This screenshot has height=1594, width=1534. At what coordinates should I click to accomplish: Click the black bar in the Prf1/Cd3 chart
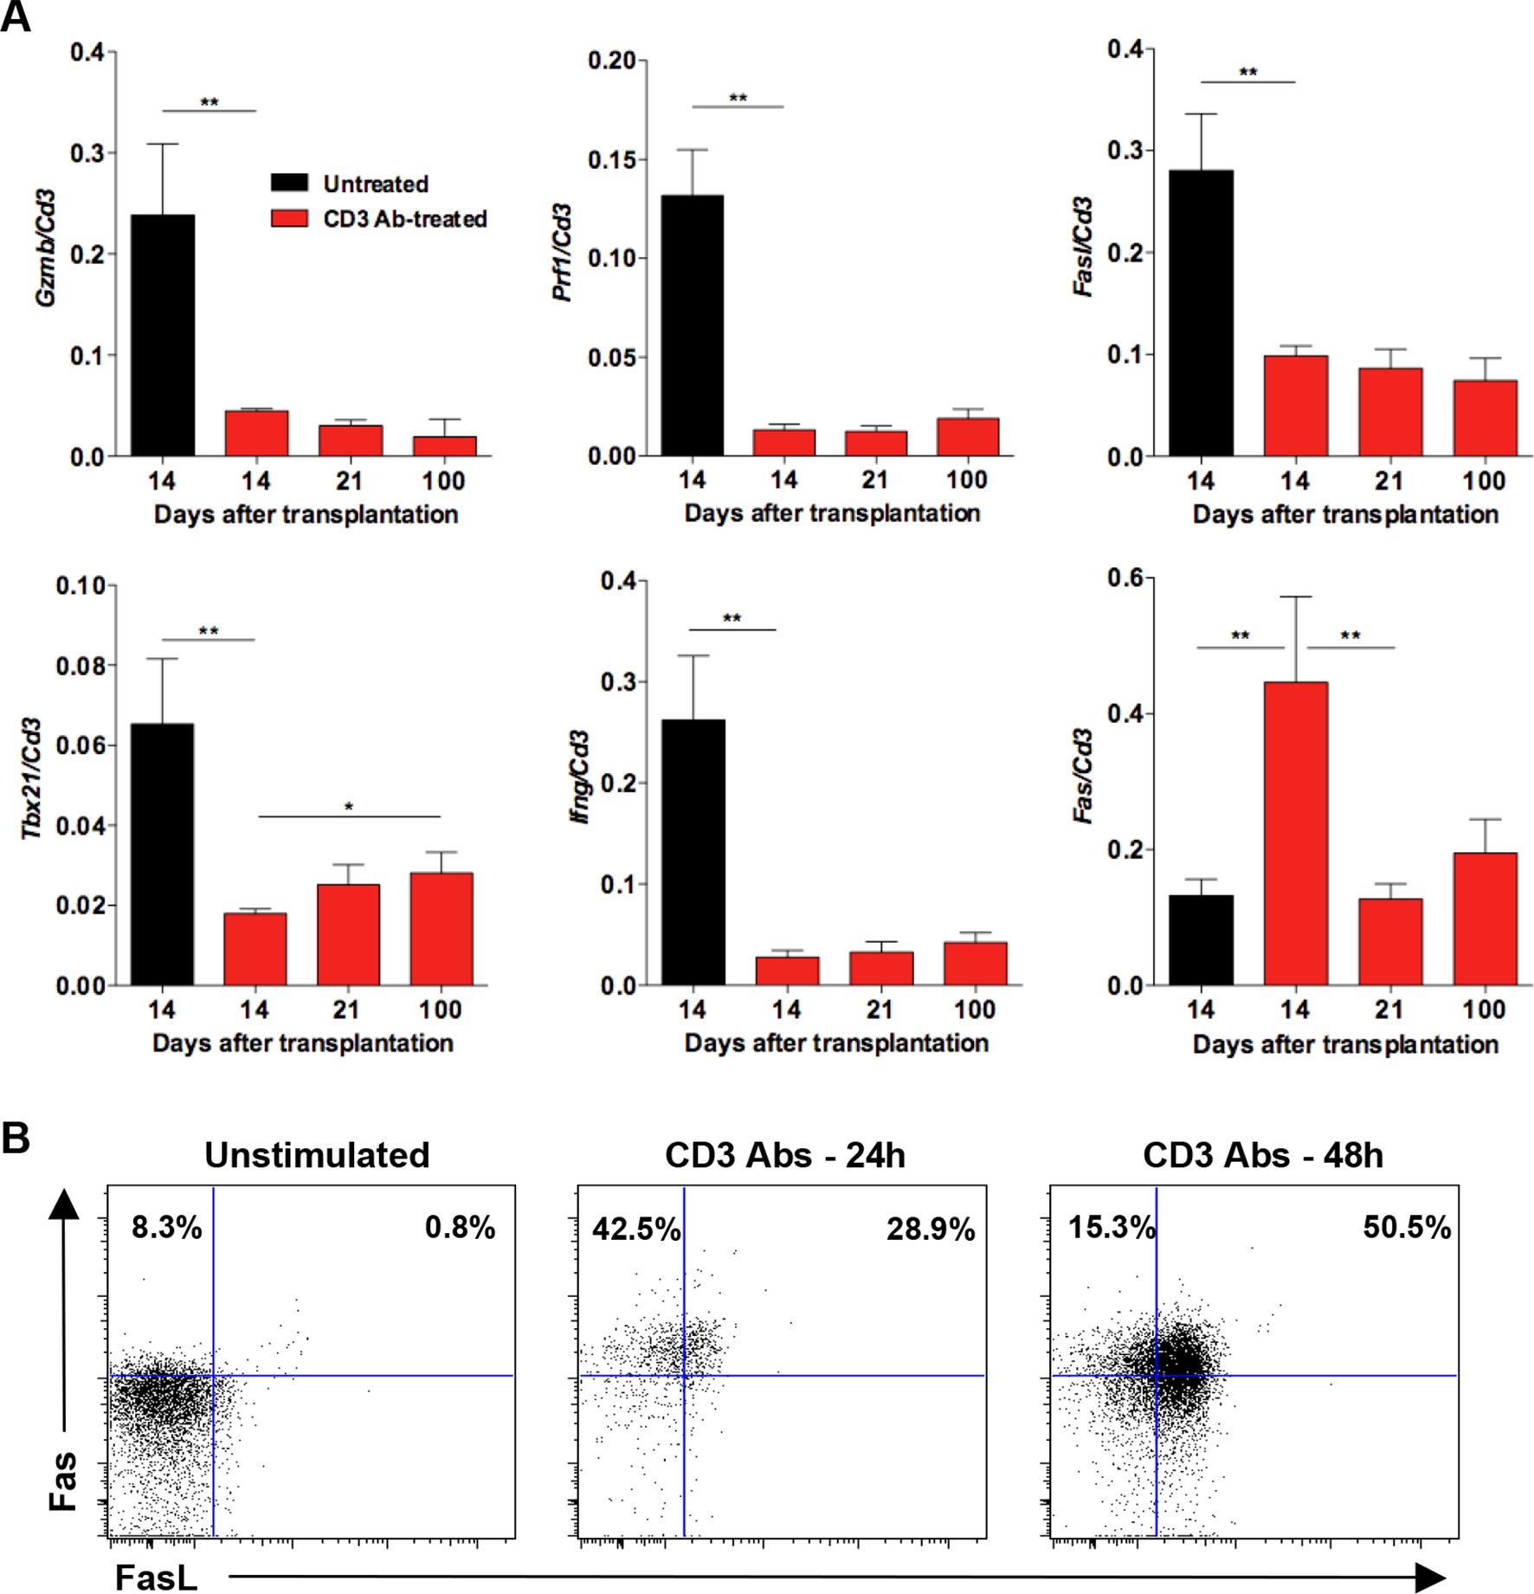(693, 326)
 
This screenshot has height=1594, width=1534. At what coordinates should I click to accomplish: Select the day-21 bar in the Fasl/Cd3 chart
(1389, 412)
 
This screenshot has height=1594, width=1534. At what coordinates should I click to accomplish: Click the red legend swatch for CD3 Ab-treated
(289, 218)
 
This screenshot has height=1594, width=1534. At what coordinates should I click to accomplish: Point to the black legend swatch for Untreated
(289, 184)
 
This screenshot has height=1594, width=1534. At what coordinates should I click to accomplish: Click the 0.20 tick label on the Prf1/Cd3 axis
(611, 61)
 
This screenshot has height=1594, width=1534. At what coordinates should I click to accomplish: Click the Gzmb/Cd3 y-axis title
(48, 248)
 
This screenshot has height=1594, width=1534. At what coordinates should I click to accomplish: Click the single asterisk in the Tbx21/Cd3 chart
(349, 807)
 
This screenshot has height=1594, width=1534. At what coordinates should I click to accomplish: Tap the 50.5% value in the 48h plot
(1406, 1228)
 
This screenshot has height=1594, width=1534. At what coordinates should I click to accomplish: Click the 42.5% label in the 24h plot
(635, 1229)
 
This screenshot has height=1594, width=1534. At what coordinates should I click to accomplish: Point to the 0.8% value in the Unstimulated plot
(460, 1228)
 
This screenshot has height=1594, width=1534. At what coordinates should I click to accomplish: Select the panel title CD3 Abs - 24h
(784, 1156)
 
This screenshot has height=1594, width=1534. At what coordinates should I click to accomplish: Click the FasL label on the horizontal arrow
(156, 1578)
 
